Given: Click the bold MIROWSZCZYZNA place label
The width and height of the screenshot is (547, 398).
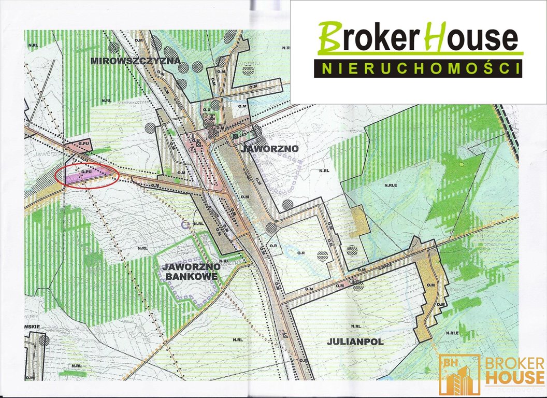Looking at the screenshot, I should click(135, 61).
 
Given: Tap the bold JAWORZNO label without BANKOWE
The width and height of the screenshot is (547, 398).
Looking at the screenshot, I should click(270, 148).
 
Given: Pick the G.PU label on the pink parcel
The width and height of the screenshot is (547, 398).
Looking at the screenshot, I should click(84, 143).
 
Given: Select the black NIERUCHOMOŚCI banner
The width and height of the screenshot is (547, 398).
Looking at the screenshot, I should click(418, 68).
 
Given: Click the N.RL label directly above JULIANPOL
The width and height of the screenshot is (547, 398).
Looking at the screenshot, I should click(355, 326).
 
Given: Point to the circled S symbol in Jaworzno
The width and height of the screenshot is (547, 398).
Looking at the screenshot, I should click(192, 150).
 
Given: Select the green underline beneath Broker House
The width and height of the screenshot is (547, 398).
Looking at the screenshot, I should click(420, 53).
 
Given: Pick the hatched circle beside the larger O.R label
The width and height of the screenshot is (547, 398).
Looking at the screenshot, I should click(323, 255).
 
